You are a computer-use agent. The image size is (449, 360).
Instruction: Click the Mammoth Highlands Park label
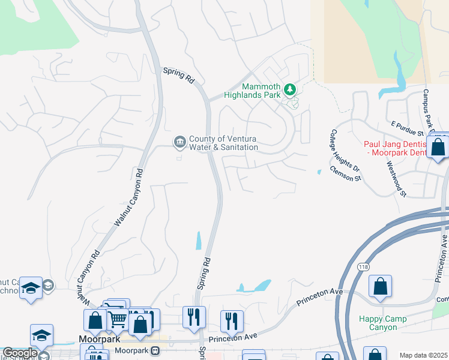coord(252,91)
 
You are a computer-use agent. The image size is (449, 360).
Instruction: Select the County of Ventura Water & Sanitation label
coord(223,143)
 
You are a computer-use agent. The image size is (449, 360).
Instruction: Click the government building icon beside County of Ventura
coord(179,142)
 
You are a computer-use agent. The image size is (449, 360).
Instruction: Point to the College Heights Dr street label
coord(345,150)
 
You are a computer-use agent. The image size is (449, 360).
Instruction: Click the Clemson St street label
coord(345,174)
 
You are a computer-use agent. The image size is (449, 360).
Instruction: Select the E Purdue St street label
coord(408,128)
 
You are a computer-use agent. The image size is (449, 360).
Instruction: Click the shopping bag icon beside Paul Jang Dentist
coord(438,146)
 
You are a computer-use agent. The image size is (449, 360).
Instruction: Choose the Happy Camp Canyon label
coord(382,323)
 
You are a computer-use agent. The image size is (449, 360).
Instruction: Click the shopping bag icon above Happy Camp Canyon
coord(381,287)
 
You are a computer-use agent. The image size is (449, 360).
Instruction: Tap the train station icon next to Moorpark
coord(155,350)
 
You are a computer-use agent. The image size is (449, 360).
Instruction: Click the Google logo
coord(20,353)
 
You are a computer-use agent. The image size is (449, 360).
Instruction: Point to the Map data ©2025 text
coord(423,355)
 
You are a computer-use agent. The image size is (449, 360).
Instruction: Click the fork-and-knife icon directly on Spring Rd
coord(194,317)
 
